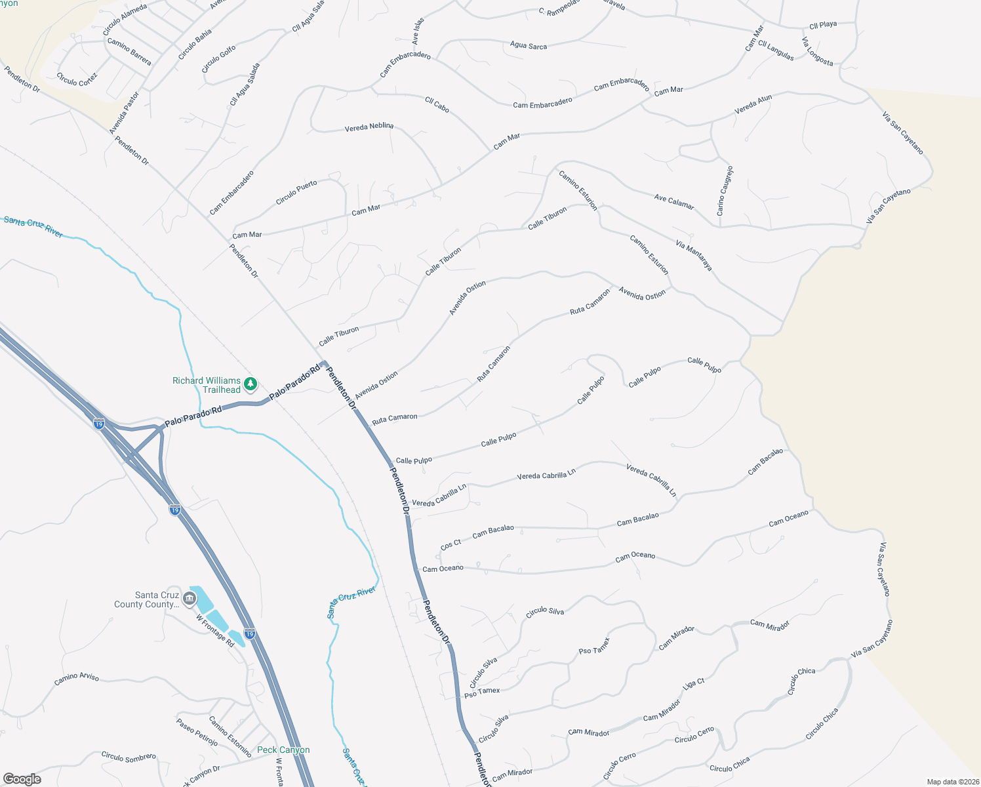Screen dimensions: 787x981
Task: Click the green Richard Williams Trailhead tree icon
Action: [250, 384]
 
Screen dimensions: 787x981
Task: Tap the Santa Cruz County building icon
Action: [190, 597]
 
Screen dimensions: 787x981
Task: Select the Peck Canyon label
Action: [283, 750]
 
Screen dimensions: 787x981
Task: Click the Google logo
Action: [22, 778]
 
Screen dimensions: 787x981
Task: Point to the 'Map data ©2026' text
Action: [951, 782]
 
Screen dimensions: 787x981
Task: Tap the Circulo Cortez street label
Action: [77, 79]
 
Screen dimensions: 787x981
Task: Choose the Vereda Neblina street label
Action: [369, 127]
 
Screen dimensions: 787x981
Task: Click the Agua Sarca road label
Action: [528, 45]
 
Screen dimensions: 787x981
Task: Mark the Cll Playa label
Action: [823, 25]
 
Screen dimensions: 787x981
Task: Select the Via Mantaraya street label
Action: [694, 256]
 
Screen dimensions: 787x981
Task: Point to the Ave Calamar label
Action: [674, 202]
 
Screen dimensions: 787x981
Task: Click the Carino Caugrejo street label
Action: [725, 192]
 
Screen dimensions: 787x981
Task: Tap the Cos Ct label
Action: [450, 545]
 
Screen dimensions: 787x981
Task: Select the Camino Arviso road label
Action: [77, 679]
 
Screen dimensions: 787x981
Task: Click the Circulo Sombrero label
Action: [129, 757]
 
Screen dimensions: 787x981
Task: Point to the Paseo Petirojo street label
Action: [197, 732]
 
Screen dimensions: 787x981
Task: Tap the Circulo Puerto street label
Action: [296, 192]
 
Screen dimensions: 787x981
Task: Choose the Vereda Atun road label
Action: [753, 105]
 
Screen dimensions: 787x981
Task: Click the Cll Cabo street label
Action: [437, 105]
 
